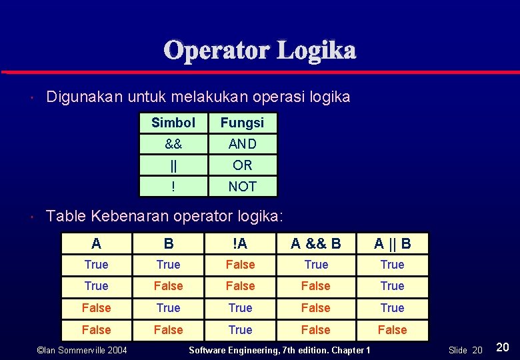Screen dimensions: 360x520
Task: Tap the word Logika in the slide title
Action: click(317, 50)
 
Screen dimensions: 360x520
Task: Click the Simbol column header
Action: click(173, 123)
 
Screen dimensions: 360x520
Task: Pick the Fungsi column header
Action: click(242, 123)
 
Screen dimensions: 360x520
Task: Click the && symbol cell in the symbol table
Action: click(173, 144)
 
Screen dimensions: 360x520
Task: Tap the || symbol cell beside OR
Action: click(173, 165)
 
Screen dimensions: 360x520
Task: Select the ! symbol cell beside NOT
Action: click(173, 187)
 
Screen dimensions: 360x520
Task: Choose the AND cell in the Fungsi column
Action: click(242, 144)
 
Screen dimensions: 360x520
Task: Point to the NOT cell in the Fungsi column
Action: click(242, 187)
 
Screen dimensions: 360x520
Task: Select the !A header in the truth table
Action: click(240, 244)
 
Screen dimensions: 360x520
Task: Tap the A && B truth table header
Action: click(316, 244)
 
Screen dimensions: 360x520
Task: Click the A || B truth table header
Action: click(392, 244)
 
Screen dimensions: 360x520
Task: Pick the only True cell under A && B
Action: click(316, 265)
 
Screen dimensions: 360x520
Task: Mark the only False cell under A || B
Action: click(392, 329)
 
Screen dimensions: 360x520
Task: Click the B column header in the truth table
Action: click(168, 244)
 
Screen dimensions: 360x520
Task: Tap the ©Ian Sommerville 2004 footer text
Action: click(83, 350)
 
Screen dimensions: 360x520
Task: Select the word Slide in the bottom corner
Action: click(458, 350)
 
